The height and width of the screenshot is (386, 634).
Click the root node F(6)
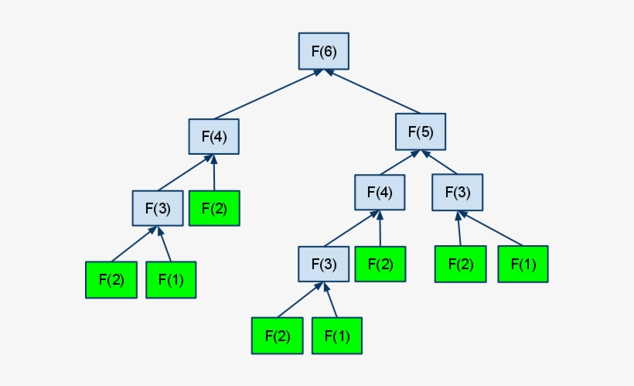(x=324, y=52)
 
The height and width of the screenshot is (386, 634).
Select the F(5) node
(x=421, y=132)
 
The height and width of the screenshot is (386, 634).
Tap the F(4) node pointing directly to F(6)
(x=214, y=137)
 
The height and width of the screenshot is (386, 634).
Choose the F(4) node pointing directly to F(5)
(x=380, y=193)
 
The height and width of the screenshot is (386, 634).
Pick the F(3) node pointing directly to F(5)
(x=456, y=193)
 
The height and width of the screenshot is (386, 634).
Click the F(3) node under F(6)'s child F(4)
(x=157, y=208)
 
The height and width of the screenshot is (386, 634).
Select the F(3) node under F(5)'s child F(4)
(x=323, y=265)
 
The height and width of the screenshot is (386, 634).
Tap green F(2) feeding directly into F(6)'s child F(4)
(x=214, y=208)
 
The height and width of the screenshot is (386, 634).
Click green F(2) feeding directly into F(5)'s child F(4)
(x=380, y=264)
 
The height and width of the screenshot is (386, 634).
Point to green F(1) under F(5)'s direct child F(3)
(x=523, y=264)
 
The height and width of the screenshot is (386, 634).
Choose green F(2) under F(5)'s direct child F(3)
(x=460, y=264)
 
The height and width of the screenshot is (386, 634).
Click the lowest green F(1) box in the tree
(x=337, y=336)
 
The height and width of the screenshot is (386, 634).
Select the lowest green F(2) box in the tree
(x=276, y=336)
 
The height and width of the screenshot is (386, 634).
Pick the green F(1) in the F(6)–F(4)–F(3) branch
(x=171, y=279)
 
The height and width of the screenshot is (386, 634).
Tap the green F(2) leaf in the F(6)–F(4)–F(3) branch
(x=110, y=279)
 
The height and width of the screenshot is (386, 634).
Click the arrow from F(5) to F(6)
(x=374, y=91)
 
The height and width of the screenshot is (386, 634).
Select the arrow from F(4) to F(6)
(x=267, y=95)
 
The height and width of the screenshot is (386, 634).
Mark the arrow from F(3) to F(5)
(x=441, y=163)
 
